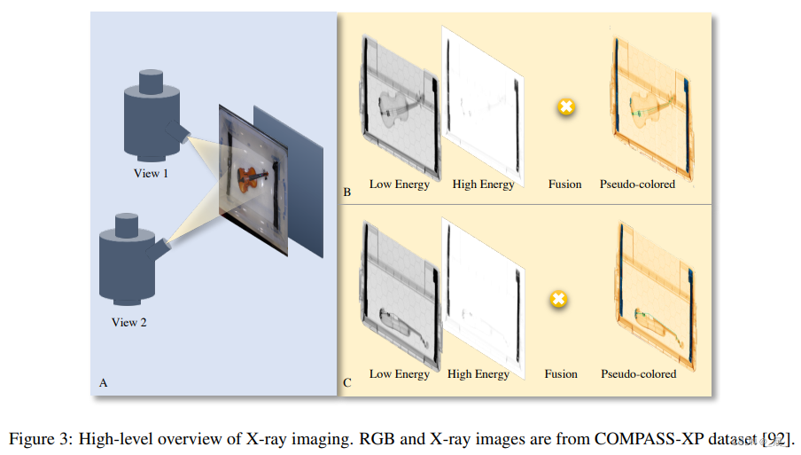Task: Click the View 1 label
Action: coord(151,174)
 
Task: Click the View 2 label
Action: coord(129,323)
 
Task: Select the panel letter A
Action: coord(104,383)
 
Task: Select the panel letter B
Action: coord(347,191)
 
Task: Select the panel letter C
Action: coord(347,383)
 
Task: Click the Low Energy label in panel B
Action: coord(399,184)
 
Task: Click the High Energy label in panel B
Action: coord(483,184)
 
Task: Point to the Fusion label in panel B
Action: coord(565,184)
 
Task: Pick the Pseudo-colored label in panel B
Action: coord(637,184)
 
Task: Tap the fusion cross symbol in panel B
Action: coord(565,108)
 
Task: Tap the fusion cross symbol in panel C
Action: coord(558,299)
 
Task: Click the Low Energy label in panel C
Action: coord(399,374)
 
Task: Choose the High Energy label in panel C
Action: coord(478,374)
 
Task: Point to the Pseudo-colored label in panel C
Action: coord(638,374)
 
